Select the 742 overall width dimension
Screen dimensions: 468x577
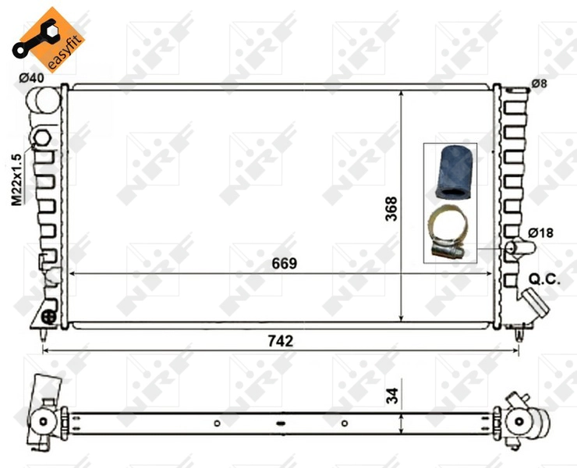(279, 341)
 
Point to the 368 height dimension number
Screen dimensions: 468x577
(391, 208)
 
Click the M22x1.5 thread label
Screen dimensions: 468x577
(16, 179)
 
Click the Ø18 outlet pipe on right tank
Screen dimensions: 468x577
(519, 248)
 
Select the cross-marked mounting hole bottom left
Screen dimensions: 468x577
(49, 316)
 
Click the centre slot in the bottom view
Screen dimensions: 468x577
(280, 424)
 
